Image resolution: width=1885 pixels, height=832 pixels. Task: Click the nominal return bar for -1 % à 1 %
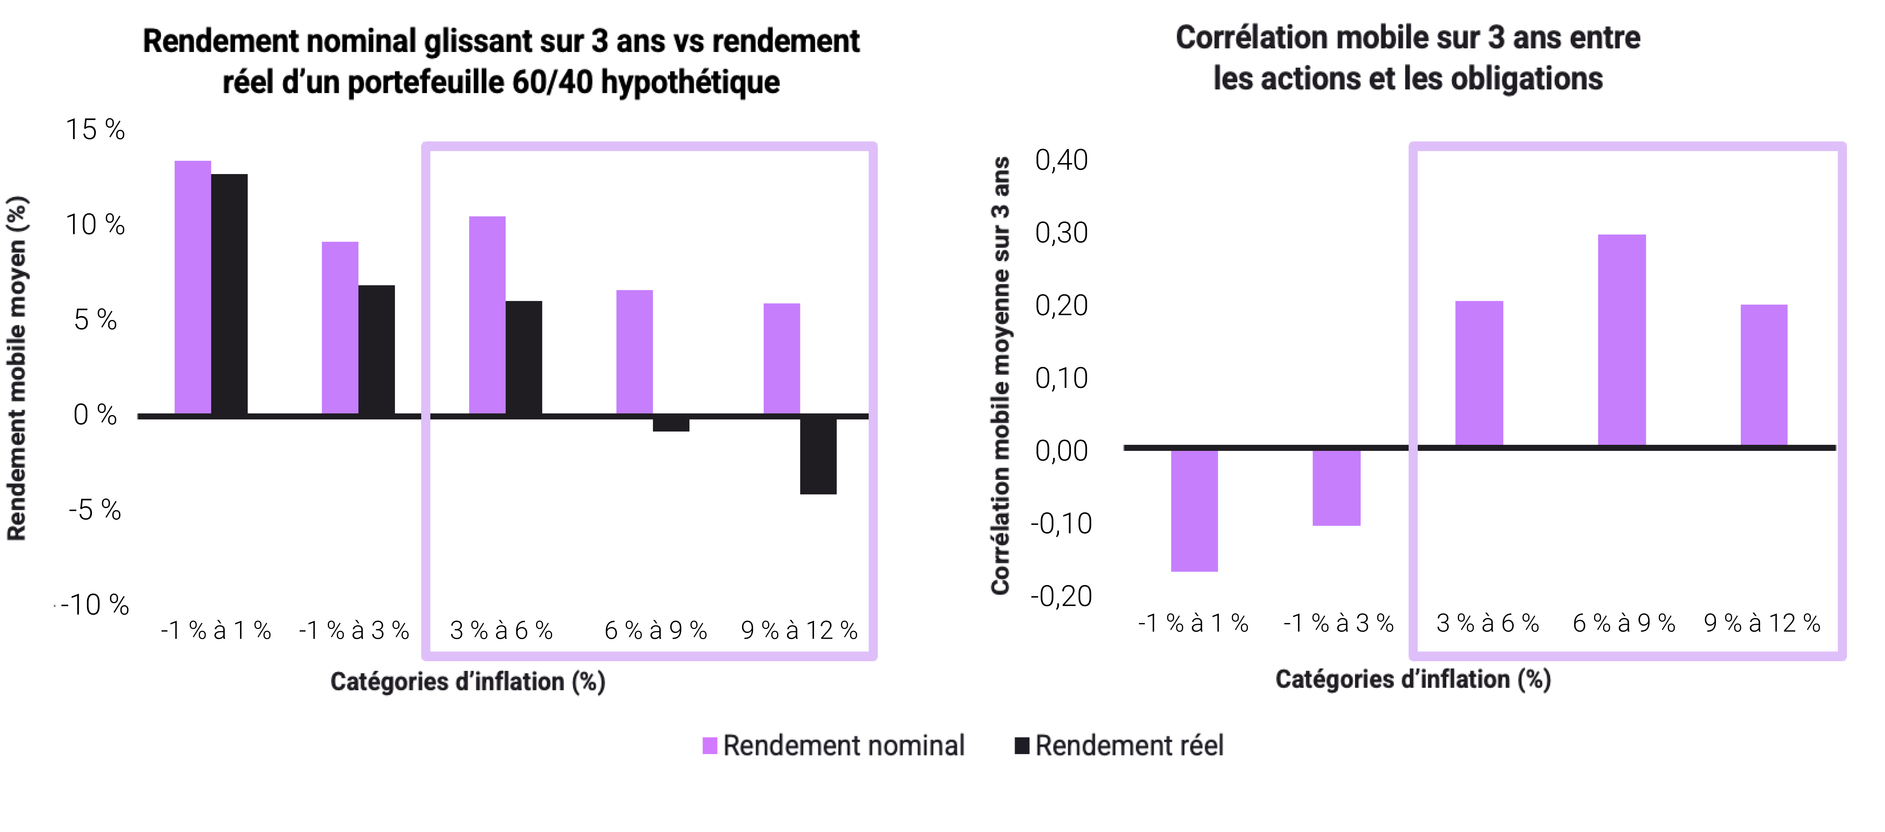tap(192, 288)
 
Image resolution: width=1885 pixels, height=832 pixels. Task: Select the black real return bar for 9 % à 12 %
tap(818, 455)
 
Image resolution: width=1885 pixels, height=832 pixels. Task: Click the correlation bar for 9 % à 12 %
tap(1764, 375)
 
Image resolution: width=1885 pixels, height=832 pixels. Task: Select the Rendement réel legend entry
tap(1119, 746)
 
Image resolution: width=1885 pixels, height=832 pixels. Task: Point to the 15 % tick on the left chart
tap(95, 130)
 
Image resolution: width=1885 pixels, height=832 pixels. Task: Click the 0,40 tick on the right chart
tap(1061, 160)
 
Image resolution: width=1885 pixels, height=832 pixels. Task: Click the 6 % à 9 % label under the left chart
tap(656, 630)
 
